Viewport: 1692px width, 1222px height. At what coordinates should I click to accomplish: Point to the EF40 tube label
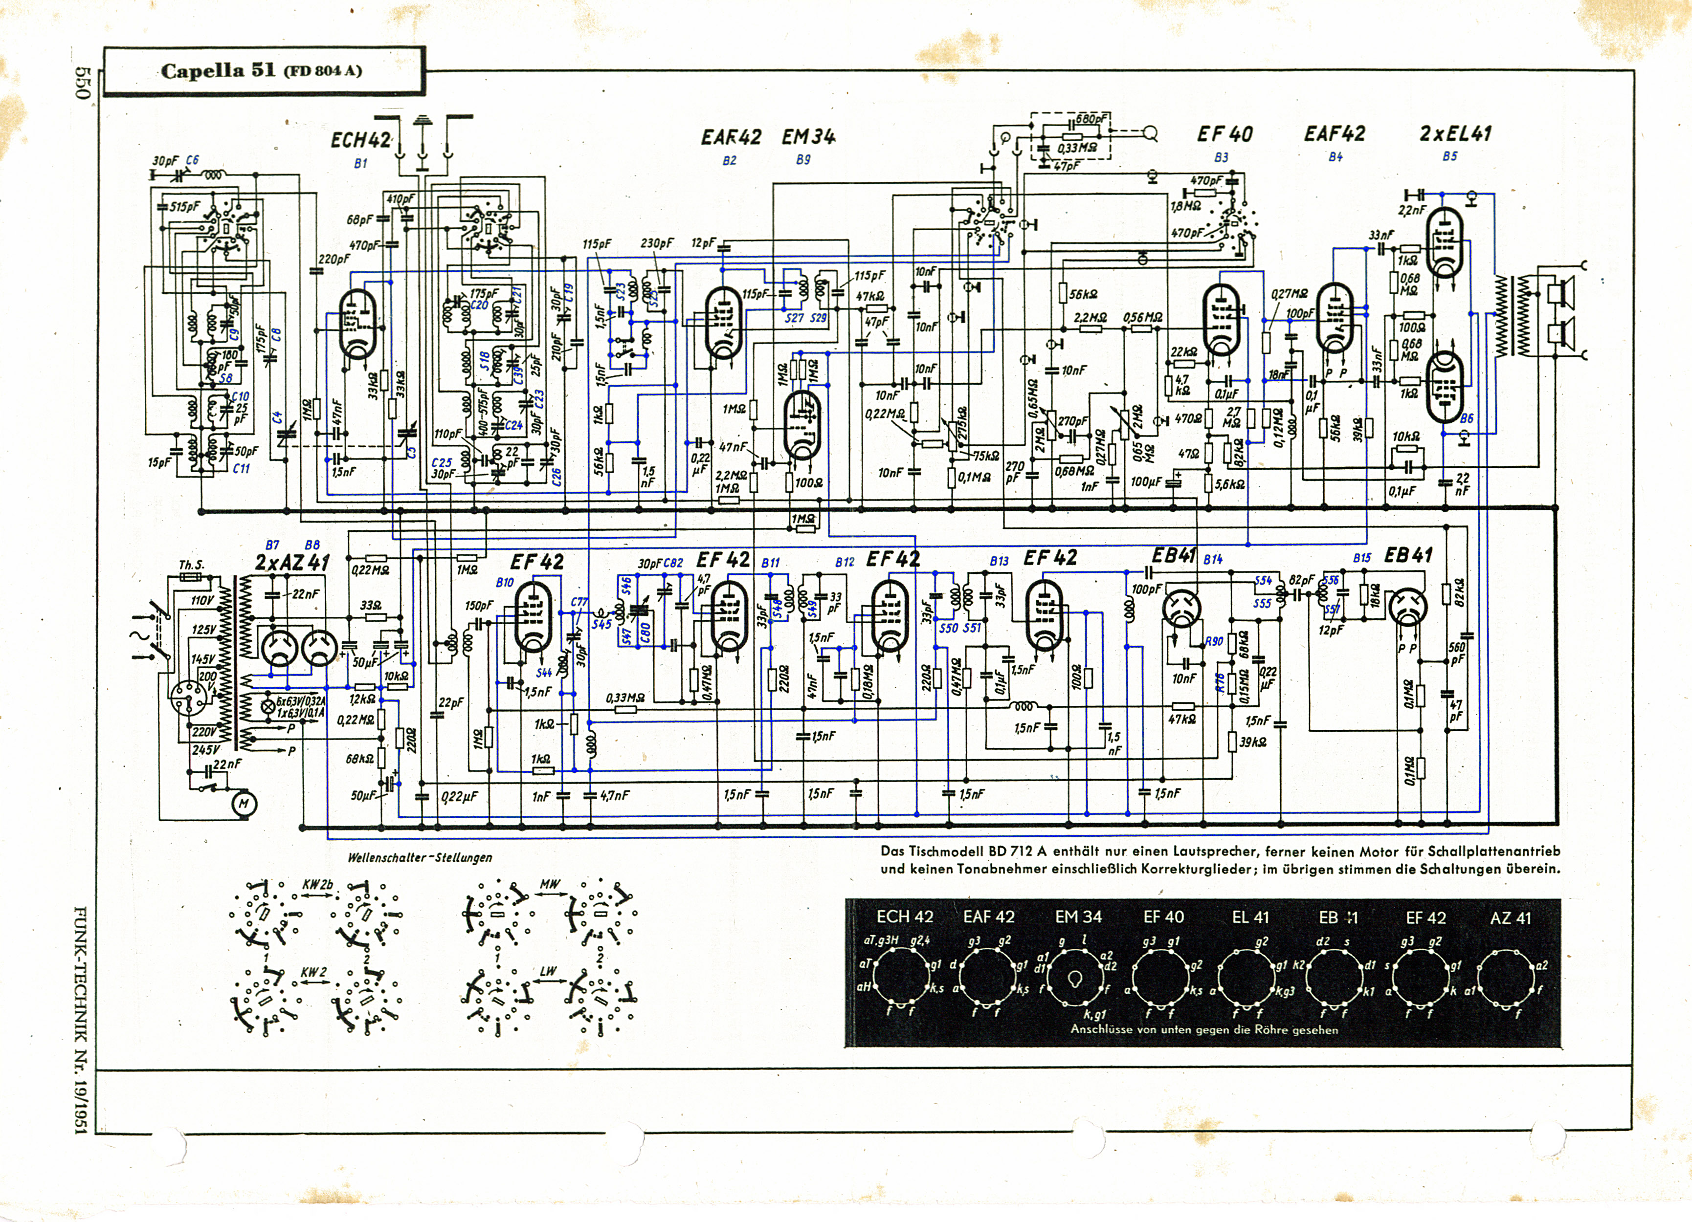click(x=1224, y=135)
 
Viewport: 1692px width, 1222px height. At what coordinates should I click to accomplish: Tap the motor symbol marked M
click(x=243, y=804)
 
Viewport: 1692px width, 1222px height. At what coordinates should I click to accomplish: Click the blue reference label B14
click(x=1213, y=559)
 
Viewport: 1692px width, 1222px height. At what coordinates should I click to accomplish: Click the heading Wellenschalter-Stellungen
click(x=419, y=857)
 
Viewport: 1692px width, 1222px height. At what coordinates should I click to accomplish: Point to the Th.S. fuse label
click(x=191, y=565)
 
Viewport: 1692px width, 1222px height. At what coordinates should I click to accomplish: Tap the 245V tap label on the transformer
click(x=206, y=749)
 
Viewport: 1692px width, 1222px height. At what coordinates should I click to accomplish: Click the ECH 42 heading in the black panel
click(x=904, y=917)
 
